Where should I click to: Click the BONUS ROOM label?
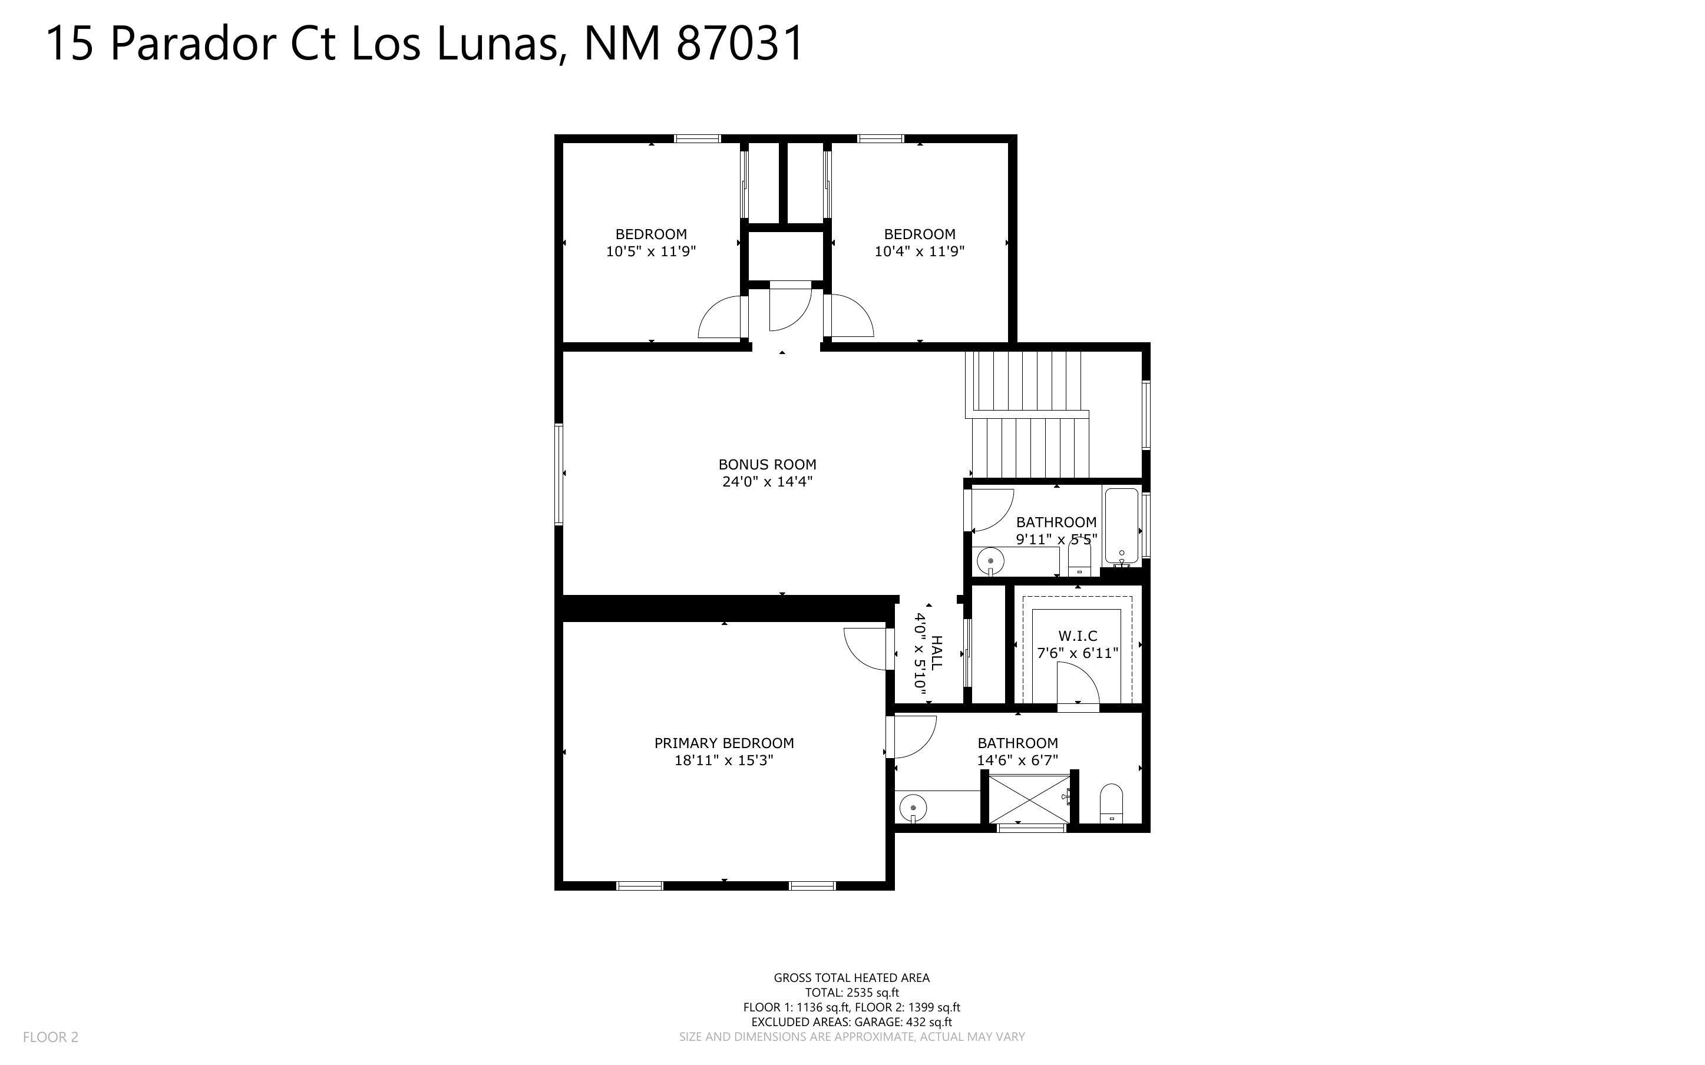click(x=767, y=465)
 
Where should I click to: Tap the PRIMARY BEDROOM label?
click(x=724, y=743)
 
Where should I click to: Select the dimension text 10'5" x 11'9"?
click(x=651, y=252)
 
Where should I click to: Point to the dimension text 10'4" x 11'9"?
click(x=919, y=252)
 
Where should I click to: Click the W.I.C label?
click(x=1078, y=636)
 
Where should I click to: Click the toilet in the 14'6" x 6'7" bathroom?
click(x=1111, y=803)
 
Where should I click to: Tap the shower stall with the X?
click(x=1029, y=798)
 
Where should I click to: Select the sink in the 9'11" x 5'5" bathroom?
click(x=990, y=561)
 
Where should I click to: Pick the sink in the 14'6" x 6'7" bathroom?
click(x=913, y=807)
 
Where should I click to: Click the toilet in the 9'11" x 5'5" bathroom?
click(x=1079, y=561)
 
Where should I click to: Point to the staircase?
click(x=1028, y=416)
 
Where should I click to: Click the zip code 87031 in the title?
click(x=740, y=43)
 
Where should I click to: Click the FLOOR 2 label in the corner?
click(x=51, y=1037)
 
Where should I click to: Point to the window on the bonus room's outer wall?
click(x=559, y=474)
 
